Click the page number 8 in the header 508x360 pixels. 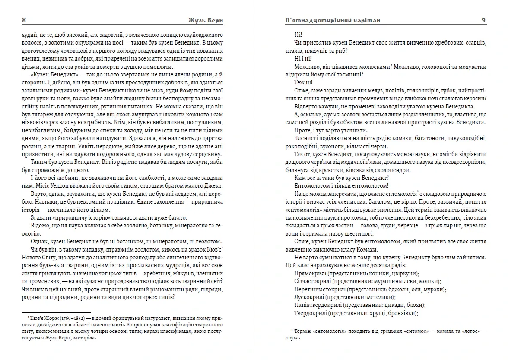(24, 20)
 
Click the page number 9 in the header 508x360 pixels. (483, 20)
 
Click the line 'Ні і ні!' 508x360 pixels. (304, 58)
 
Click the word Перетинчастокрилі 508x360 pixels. (319, 289)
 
